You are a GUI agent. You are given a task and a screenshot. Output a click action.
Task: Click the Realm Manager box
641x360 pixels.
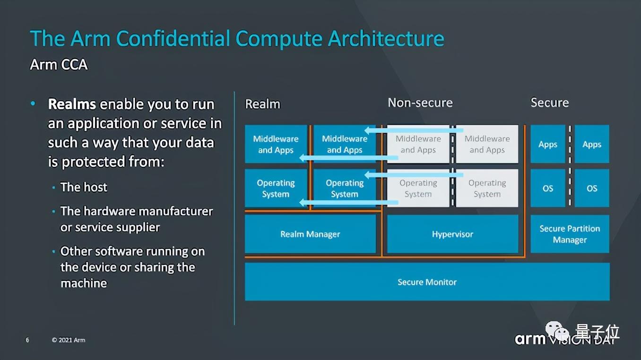click(x=310, y=234)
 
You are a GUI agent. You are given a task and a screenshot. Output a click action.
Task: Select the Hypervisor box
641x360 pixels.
click(x=452, y=234)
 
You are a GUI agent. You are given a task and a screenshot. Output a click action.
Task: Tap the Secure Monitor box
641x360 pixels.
click(x=427, y=282)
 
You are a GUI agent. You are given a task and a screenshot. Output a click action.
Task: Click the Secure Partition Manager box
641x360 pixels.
click(x=570, y=234)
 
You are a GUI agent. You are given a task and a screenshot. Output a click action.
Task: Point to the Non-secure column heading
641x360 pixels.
click(x=420, y=103)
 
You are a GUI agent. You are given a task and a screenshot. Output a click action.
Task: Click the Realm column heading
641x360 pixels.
click(x=263, y=104)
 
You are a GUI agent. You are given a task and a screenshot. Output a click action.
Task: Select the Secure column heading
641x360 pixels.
click(x=549, y=103)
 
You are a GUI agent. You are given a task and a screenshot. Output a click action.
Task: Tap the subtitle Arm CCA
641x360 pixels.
click(x=59, y=64)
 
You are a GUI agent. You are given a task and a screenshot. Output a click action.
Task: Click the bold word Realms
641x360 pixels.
click(x=72, y=104)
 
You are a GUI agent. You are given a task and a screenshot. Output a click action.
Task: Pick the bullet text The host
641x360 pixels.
click(x=84, y=187)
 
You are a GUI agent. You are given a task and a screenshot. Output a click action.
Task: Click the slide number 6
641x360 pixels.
click(x=27, y=340)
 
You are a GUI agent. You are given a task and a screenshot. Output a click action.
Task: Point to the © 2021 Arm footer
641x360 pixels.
click(x=69, y=340)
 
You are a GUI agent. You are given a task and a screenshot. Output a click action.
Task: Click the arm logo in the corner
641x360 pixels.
click(x=530, y=339)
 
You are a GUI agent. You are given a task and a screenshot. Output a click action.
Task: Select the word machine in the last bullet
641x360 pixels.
click(x=84, y=283)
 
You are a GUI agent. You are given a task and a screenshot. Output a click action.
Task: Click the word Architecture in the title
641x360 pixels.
click(x=386, y=38)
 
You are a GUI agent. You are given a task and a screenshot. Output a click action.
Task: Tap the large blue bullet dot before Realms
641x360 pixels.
click(x=33, y=103)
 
